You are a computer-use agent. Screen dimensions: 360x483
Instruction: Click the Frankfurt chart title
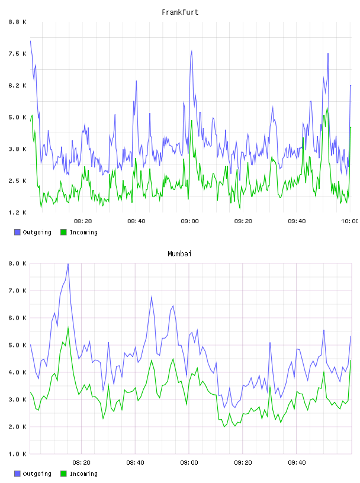pyautogui.click(x=180, y=12)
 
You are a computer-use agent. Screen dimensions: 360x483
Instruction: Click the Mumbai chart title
pyautogui.click(x=179, y=254)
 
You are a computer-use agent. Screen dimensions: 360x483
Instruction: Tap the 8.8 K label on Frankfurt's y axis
pyautogui.click(x=18, y=22)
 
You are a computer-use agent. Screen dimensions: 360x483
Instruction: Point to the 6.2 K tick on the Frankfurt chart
pyautogui.click(x=18, y=85)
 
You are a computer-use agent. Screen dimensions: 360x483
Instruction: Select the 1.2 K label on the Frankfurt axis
pyautogui.click(x=18, y=212)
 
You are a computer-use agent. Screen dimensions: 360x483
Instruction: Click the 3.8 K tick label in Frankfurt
pyautogui.click(x=18, y=149)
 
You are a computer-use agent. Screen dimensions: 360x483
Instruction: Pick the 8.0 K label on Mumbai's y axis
pyautogui.click(x=18, y=263)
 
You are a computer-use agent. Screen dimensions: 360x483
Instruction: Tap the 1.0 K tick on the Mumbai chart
pyautogui.click(x=18, y=454)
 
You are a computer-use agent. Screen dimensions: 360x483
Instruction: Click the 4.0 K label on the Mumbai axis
pyautogui.click(x=18, y=372)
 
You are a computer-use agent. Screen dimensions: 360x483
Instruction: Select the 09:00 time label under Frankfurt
pyautogui.click(x=190, y=221)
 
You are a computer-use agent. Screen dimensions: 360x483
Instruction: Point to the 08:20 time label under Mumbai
pyautogui.click(x=82, y=462)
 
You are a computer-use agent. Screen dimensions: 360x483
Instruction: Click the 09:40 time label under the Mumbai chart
pyautogui.click(x=297, y=462)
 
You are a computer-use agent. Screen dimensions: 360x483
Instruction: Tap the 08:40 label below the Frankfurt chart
pyautogui.click(x=137, y=221)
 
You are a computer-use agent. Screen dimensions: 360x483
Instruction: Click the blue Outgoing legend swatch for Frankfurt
pyautogui.click(x=17, y=232)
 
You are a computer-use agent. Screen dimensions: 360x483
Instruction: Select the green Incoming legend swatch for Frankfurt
pyautogui.click(x=63, y=232)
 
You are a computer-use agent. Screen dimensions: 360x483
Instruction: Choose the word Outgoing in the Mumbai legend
pyautogui.click(x=37, y=474)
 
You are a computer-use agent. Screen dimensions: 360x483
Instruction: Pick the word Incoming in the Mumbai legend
pyautogui.click(x=83, y=474)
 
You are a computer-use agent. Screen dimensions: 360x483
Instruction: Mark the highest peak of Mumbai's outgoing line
pyautogui.click(x=68, y=264)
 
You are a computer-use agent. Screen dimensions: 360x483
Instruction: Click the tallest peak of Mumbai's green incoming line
pyautogui.click(x=68, y=328)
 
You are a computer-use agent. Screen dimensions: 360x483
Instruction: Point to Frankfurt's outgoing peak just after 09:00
pyautogui.click(x=192, y=51)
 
